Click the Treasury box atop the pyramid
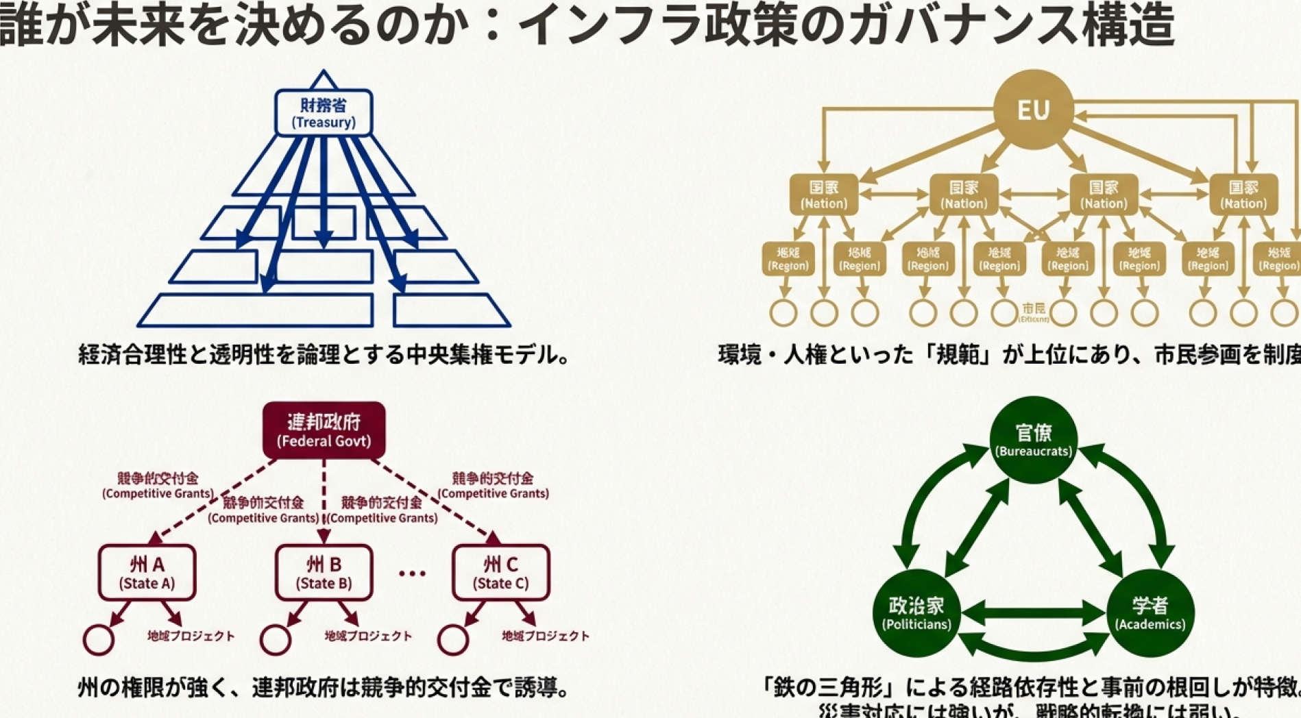point(324,113)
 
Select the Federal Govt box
point(324,430)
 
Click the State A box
point(147,573)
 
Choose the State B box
point(324,573)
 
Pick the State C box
point(500,573)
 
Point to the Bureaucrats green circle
point(1033,440)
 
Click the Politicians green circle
point(916,612)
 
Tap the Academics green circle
point(1150,612)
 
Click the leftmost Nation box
point(824,195)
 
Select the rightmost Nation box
point(1243,195)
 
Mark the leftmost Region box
point(788,258)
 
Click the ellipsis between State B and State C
point(412,573)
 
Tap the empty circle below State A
point(99,640)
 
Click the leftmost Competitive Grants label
point(158,485)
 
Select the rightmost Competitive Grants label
point(493,485)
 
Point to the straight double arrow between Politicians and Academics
point(1033,612)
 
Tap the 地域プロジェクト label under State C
point(545,636)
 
